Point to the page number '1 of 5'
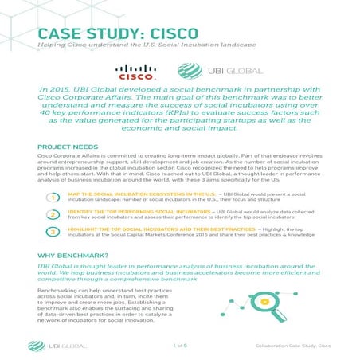(x=179, y=346)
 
